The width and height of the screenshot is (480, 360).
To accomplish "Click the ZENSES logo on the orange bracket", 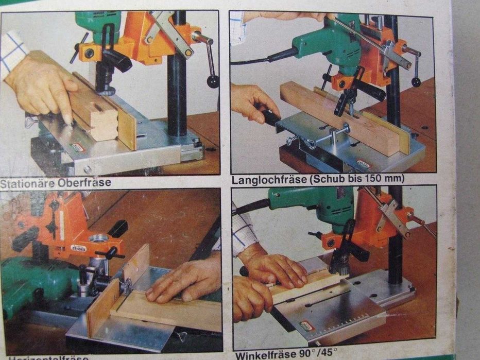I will tap(78, 248).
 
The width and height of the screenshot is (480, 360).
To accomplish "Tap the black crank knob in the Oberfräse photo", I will tap(213, 81).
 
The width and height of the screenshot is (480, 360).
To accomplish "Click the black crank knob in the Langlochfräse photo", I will tap(416, 82).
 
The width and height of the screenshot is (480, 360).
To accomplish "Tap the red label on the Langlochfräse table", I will tap(364, 164).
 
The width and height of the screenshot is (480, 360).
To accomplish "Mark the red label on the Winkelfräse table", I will tap(307, 325).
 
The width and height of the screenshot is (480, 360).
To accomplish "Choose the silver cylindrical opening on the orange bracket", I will tap(99, 238).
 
